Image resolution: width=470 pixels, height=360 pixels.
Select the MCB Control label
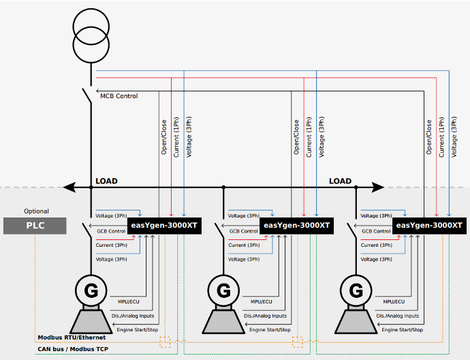tap(119, 96)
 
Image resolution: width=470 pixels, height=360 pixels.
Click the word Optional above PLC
tap(36, 211)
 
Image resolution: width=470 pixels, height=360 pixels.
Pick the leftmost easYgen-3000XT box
tap(163, 225)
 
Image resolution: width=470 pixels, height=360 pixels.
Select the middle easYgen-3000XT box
tap(296, 225)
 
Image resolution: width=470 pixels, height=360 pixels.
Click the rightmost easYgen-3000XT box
tap(429, 225)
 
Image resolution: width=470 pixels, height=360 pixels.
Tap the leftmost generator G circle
tap(91, 290)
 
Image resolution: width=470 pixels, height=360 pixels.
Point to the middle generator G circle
tap(223, 290)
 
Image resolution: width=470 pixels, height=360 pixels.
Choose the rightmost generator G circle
tap(356, 290)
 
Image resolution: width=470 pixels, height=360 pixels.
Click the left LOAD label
tap(106, 181)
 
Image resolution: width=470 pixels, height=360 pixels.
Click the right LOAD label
tap(340, 181)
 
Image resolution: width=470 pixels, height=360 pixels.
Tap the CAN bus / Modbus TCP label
tap(72, 349)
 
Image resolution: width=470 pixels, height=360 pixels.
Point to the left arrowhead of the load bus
tap(67, 186)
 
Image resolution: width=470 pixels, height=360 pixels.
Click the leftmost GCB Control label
tap(111, 232)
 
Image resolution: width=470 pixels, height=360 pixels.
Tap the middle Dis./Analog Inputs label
tap(266, 316)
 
